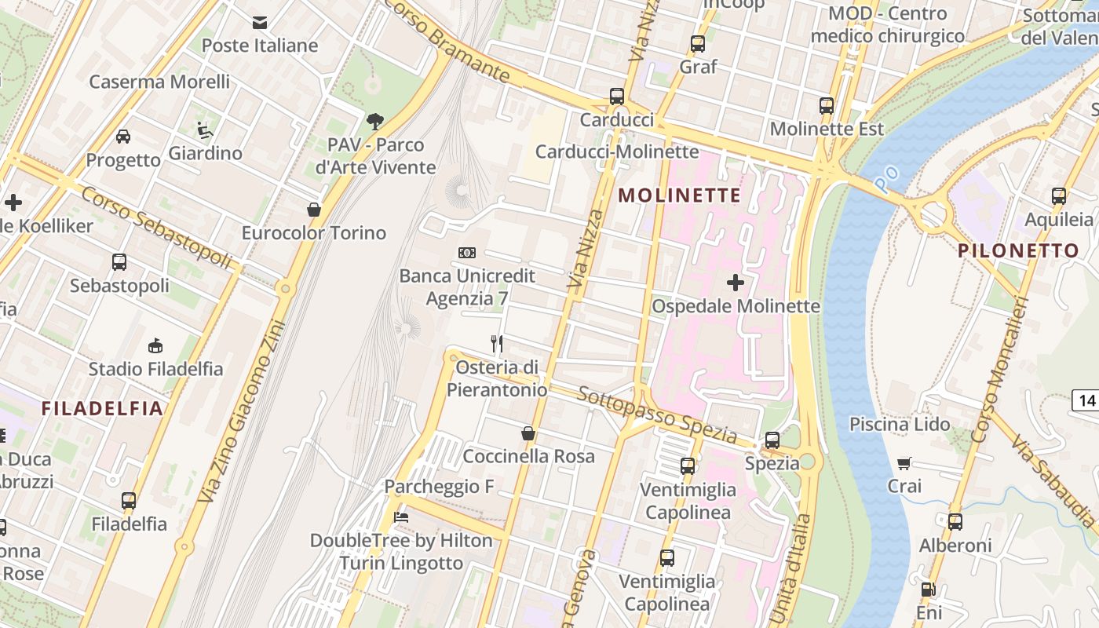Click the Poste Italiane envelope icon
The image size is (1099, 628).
(260, 23)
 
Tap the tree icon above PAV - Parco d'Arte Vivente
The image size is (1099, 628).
(375, 121)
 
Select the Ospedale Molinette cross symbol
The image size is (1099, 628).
(736, 283)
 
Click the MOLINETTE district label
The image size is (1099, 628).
(680, 195)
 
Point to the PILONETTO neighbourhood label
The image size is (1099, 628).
(1018, 251)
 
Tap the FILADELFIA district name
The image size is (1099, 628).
(102, 408)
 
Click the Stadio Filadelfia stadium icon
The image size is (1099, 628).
(155, 345)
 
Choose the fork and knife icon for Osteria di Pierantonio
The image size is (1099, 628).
(497, 344)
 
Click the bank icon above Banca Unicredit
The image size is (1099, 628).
(467, 252)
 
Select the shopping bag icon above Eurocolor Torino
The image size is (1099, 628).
(314, 210)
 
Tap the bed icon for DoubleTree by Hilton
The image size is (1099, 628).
(401, 517)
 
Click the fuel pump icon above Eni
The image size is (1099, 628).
(929, 589)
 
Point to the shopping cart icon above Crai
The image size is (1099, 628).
(904, 463)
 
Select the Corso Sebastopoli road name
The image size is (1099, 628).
(157, 227)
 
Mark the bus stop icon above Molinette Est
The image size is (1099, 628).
(827, 105)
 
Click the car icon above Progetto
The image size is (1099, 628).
(123, 137)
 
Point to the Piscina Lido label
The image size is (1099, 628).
(900, 424)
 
